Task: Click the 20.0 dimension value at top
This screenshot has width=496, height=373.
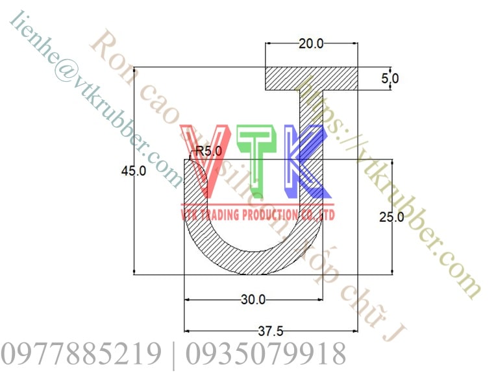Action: pyautogui.click(x=311, y=43)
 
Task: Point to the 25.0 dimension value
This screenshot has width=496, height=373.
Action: pyautogui.click(x=391, y=217)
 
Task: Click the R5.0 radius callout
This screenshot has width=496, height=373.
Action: pyautogui.click(x=208, y=151)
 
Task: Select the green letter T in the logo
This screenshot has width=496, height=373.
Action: pyautogui.click(x=258, y=162)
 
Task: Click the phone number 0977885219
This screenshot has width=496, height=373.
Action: pyautogui.click(x=81, y=354)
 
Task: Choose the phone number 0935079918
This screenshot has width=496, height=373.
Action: pyautogui.click(x=266, y=354)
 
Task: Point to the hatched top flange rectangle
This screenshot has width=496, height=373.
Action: pyautogui.click(x=312, y=78)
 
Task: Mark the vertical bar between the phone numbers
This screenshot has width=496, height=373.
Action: pyautogui.click(x=173, y=354)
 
